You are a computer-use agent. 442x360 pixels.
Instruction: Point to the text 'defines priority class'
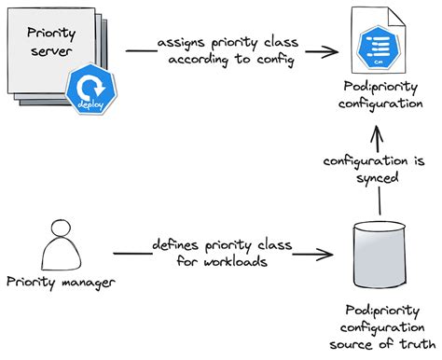pos(223,244)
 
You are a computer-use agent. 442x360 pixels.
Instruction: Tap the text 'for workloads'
pos(223,263)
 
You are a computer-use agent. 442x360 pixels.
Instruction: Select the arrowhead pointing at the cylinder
pos(330,254)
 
